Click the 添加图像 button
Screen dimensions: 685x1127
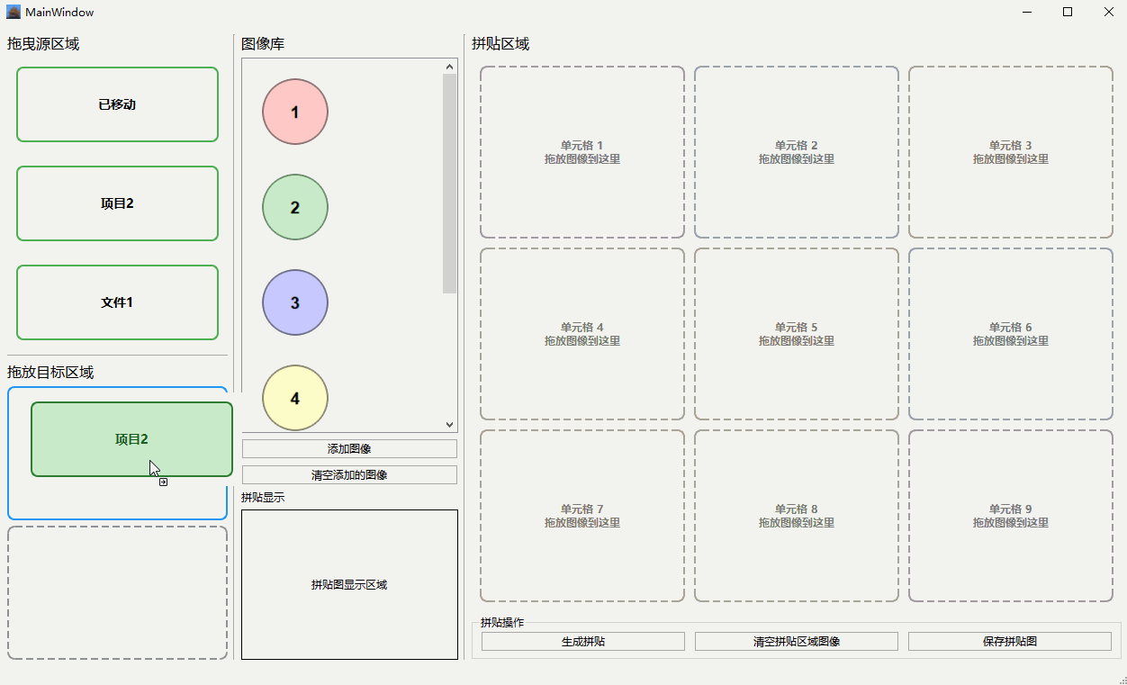(x=349, y=448)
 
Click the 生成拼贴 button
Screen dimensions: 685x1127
(x=582, y=642)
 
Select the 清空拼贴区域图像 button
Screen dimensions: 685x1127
(x=796, y=642)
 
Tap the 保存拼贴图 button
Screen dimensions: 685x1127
(x=1009, y=642)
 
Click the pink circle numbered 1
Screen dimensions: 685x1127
(x=295, y=113)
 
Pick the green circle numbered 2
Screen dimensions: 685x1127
(x=295, y=208)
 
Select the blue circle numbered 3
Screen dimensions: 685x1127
(x=295, y=303)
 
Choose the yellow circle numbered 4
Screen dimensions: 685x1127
(x=295, y=398)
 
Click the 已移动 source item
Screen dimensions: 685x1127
(x=117, y=104)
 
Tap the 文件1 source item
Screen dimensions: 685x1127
(x=117, y=302)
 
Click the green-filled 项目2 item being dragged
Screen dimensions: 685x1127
(x=131, y=439)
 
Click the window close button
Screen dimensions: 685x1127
(x=1108, y=12)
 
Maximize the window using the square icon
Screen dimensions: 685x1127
(x=1068, y=12)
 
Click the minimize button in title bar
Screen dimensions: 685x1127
(x=1026, y=12)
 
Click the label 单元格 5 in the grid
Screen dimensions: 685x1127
(x=796, y=328)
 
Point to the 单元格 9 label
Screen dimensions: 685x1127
(x=1010, y=509)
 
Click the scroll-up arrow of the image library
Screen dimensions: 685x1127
(x=450, y=66)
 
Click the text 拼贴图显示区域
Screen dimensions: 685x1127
(x=349, y=585)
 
